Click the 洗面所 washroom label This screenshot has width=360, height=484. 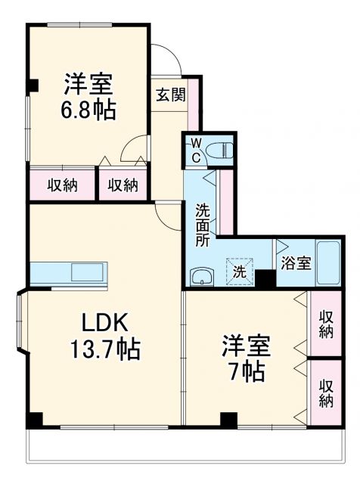[x=203, y=225]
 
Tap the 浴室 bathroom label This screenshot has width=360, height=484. [x=296, y=263]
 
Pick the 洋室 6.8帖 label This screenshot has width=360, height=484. [x=89, y=97]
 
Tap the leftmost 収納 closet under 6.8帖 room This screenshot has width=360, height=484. [x=64, y=185]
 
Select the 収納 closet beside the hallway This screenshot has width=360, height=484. [x=123, y=185]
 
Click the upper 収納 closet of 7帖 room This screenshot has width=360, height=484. [x=326, y=324]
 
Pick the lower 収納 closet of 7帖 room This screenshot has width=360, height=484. [x=326, y=392]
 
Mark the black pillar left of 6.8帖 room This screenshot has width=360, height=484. [x=32, y=85]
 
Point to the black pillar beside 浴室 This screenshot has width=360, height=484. [x=265, y=278]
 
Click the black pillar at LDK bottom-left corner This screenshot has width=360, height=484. [x=35, y=419]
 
